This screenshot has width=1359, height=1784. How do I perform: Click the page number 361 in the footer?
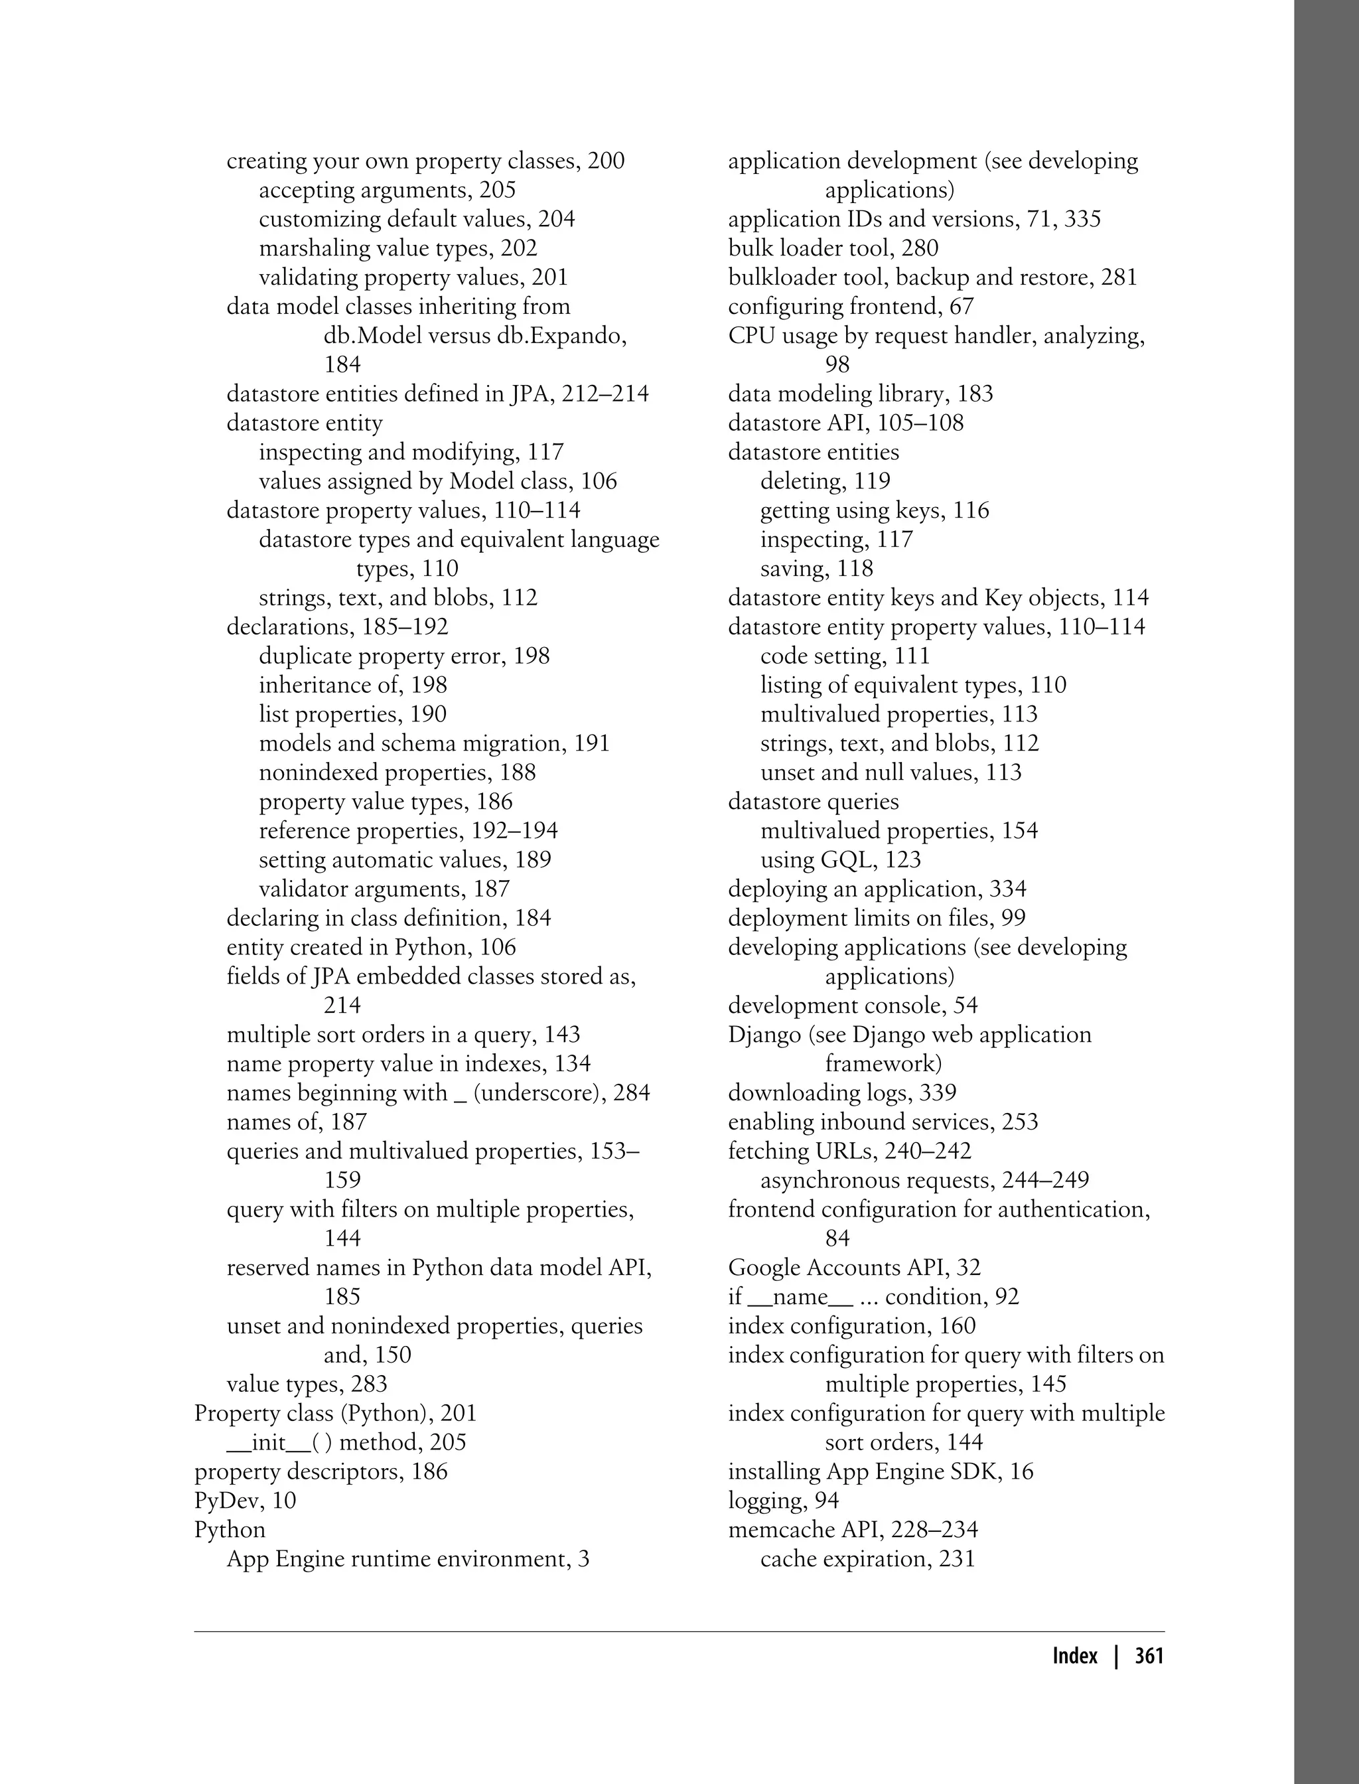click(x=1149, y=1655)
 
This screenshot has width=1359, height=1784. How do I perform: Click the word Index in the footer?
click(x=1075, y=1655)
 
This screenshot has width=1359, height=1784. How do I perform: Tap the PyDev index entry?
click(x=245, y=1500)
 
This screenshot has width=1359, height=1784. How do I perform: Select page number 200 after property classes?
click(x=606, y=161)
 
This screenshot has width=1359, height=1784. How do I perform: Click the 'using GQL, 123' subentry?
click(x=841, y=859)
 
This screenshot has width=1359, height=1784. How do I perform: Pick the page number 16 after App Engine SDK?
click(x=1022, y=1471)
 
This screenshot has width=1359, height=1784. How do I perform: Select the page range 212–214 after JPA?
click(x=608, y=394)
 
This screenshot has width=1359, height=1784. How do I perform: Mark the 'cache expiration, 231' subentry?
click(x=867, y=1558)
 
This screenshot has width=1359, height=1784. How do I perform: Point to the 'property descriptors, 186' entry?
click(x=321, y=1471)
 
